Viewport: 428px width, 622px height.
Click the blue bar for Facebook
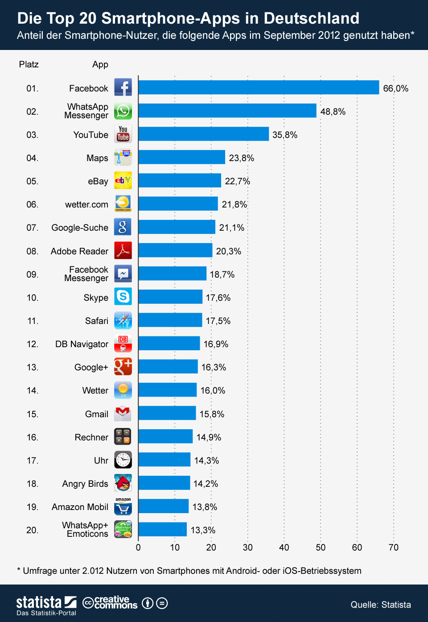pyautogui.click(x=259, y=87)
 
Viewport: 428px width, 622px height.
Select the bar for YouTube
pyautogui.click(x=203, y=134)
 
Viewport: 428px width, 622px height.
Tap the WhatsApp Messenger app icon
pyautogui.click(x=123, y=111)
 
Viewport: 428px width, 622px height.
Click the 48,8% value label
pyautogui.click(x=333, y=112)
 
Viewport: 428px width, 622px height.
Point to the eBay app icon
pyautogui.click(x=123, y=180)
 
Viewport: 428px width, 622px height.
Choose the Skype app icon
pyautogui.click(x=123, y=296)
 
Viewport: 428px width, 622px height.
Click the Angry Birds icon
pyautogui.click(x=123, y=483)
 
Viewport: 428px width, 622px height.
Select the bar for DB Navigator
pyautogui.click(x=169, y=343)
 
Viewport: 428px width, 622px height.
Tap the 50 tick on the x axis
pyautogui.click(x=321, y=547)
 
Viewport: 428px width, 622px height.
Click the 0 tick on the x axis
pyautogui.click(x=138, y=547)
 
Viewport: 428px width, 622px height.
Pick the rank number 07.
pyautogui.click(x=32, y=228)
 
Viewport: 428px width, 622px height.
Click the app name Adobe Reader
pyautogui.click(x=79, y=251)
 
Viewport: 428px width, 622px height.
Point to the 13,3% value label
pyautogui.click(x=203, y=530)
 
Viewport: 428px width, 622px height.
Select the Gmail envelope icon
pyautogui.click(x=123, y=413)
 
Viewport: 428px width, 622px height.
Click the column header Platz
pyautogui.click(x=29, y=64)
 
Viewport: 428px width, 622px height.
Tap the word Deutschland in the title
pyautogui.click(x=311, y=18)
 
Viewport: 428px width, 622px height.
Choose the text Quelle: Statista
pyautogui.click(x=380, y=605)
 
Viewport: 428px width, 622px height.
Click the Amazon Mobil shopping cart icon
pyautogui.click(x=123, y=507)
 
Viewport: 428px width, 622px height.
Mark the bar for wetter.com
pyautogui.click(x=178, y=203)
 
